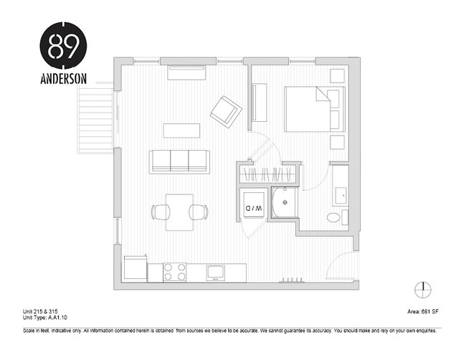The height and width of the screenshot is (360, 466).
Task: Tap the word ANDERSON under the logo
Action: [x=64, y=79]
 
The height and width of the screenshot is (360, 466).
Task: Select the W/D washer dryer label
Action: [x=254, y=207]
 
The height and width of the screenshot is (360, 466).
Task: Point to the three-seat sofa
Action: [x=179, y=161]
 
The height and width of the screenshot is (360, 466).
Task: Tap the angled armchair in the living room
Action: [x=227, y=111]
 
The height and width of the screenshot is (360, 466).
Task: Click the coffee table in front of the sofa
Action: [x=181, y=131]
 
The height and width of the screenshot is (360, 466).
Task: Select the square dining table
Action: [x=179, y=212]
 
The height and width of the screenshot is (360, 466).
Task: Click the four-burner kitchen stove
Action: [x=175, y=273]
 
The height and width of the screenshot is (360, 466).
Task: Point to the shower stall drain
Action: [x=284, y=203]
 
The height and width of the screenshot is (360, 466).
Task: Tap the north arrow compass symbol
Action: [x=424, y=289]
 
